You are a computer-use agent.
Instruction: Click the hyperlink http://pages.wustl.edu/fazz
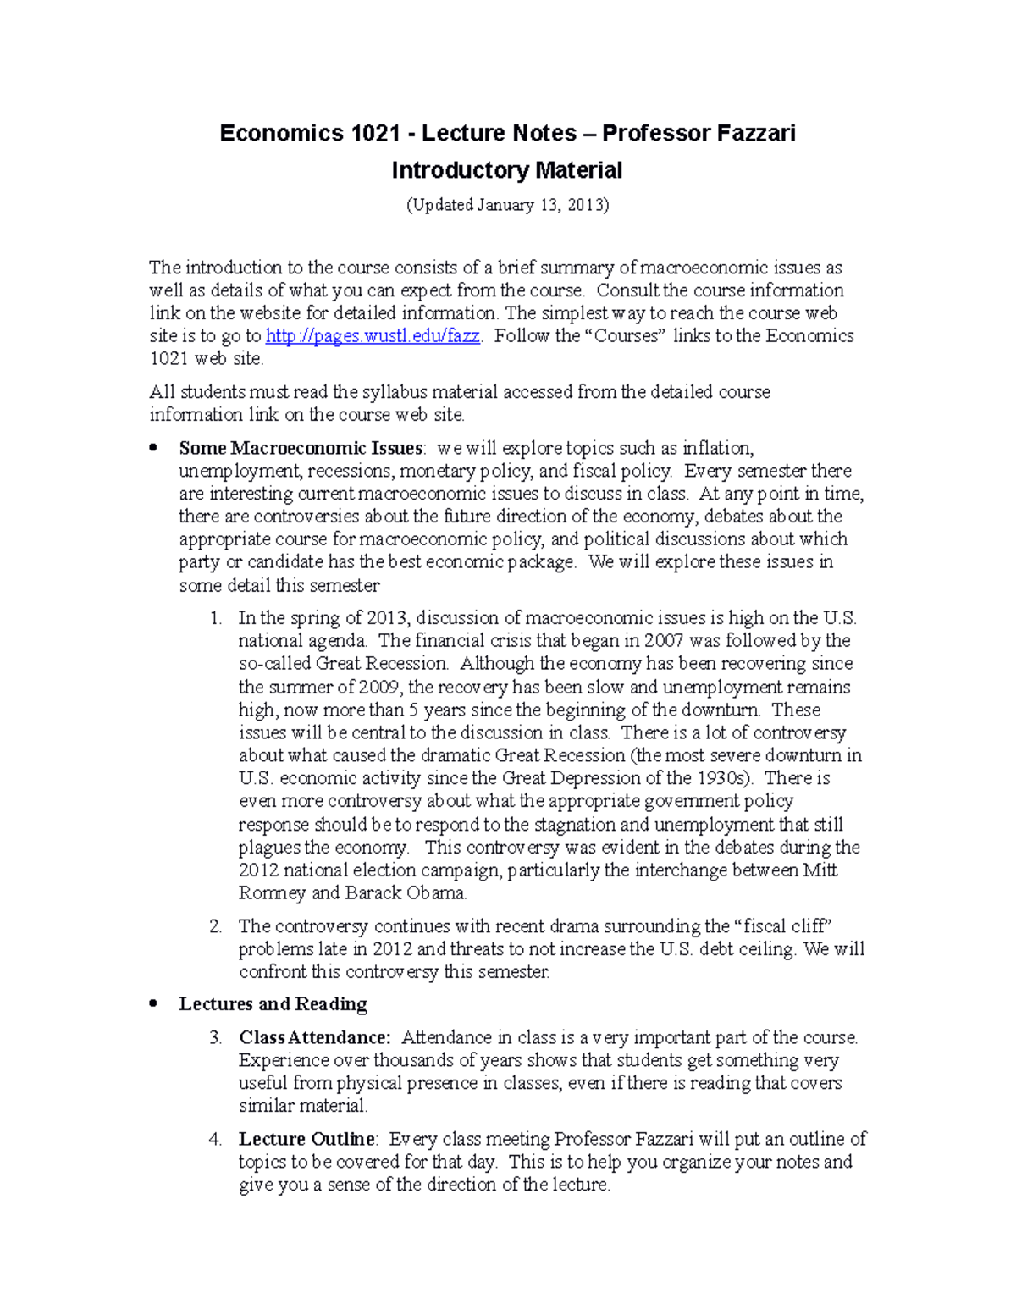click(373, 336)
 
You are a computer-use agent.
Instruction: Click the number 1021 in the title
click(373, 134)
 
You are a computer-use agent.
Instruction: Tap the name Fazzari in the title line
click(756, 134)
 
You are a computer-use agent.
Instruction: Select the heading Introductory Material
click(506, 171)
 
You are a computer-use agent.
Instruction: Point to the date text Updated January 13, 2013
click(507, 205)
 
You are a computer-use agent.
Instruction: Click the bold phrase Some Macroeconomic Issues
click(301, 448)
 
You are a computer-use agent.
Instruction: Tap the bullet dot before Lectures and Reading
click(153, 1004)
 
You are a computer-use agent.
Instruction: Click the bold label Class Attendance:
click(315, 1038)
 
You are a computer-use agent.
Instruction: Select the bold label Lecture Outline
click(306, 1140)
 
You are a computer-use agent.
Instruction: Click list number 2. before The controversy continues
click(215, 927)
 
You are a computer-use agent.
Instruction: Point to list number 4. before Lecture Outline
click(215, 1140)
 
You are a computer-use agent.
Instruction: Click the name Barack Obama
click(406, 893)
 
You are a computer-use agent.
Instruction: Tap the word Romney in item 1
click(272, 893)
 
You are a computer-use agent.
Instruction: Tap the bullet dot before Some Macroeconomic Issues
click(153, 448)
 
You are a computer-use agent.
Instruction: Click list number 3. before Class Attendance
click(215, 1038)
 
